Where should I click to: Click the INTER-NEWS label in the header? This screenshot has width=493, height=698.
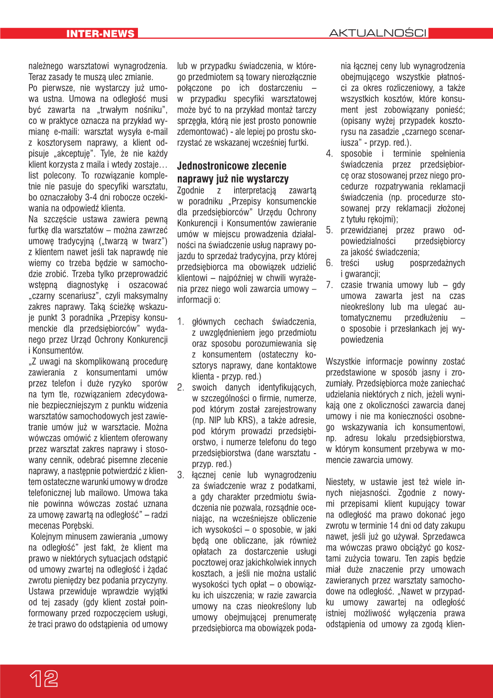coord(100,34)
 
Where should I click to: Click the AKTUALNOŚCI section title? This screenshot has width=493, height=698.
coord(378,33)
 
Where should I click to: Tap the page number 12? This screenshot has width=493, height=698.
coord(44,679)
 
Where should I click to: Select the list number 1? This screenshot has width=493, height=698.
coord(180,322)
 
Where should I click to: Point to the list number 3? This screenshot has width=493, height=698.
coord(180,475)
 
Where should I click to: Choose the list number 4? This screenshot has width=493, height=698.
coord(329,154)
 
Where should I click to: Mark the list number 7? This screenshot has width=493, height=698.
coord(329,285)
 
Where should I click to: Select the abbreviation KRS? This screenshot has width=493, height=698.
coord(246,420)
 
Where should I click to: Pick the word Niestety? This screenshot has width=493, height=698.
coord(340,482)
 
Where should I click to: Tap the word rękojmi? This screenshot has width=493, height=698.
coord(380,219)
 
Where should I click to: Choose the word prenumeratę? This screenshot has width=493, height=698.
coord(297,617)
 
